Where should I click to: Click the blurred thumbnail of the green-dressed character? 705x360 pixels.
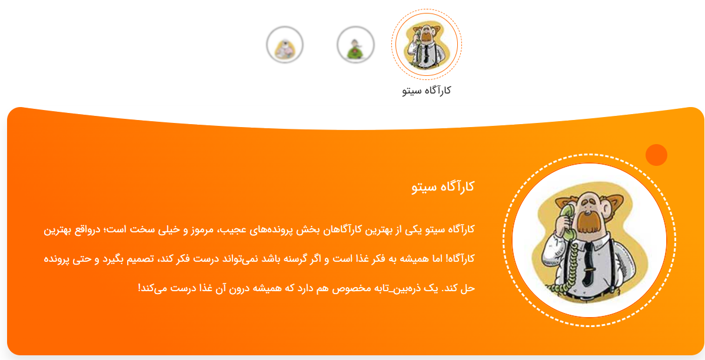tap(355, 45)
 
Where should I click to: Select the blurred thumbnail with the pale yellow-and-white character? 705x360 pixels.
tap(285, 45)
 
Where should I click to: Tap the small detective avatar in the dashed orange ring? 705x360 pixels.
tap(426, 44)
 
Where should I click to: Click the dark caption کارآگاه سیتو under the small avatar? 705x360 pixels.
tap(426, 90)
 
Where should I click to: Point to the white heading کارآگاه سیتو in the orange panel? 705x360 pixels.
tap(443, 186)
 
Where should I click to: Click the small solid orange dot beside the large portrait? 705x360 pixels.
tap(656, 155)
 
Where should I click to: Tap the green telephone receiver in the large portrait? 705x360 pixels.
tap(565, 220)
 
